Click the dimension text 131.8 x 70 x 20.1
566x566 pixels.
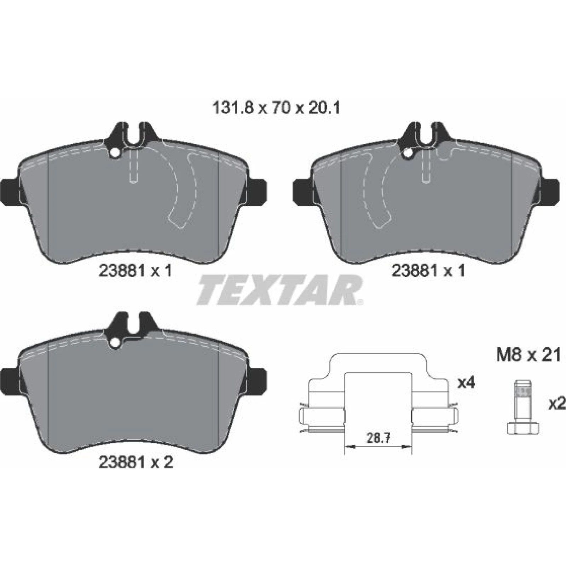tap(276, 108)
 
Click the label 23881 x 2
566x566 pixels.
tap(136, 462)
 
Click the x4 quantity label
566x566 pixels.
tap(466, 383)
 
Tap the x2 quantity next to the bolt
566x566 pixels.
tap(557, 404)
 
